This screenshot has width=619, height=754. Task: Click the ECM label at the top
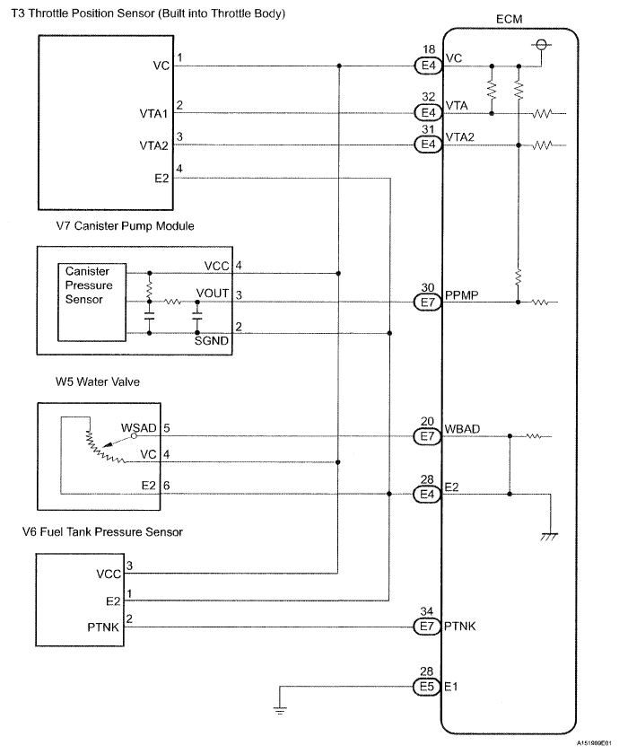[x=508, y=18]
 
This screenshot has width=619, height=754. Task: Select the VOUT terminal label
[x=214, y=294]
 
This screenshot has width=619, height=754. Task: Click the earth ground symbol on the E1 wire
[x=281, y=710]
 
